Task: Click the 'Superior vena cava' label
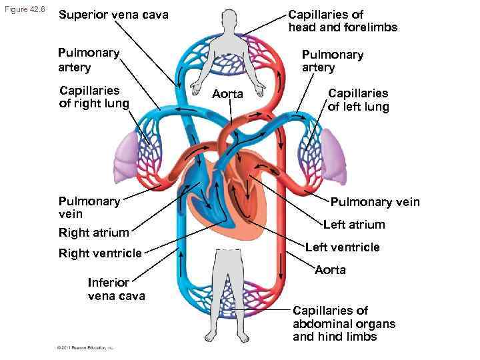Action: pyautogui.click(x=113, y=15)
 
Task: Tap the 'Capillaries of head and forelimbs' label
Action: pyautogui.click(x=342, y=21)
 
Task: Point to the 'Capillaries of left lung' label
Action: pyautogui.click(x=358, y=100)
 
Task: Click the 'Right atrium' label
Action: pyautogui.click(x=93, y=233)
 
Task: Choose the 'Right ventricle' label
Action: pyautogui.click(x=100, y=253)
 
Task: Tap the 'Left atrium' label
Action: pyautogui.click(x=354, y=225)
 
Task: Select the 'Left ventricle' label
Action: pyautogui.click(x=342, y=247)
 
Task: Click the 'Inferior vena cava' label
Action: pyautogui.click(x=116, y=288)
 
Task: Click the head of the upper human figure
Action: pyautogui.click(x=228, y=22)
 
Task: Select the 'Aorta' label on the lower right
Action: pyautogui.click(x=330, y=269)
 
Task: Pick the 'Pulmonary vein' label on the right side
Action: pyautogui.click(x=375, y=202)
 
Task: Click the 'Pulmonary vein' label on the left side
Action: pyautogui.click(x=89, y=207)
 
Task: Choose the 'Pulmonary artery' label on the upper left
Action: pyautogui.click(x=89, y=60)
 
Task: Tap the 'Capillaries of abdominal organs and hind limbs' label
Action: pyautogui.click(x=343, y=323)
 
